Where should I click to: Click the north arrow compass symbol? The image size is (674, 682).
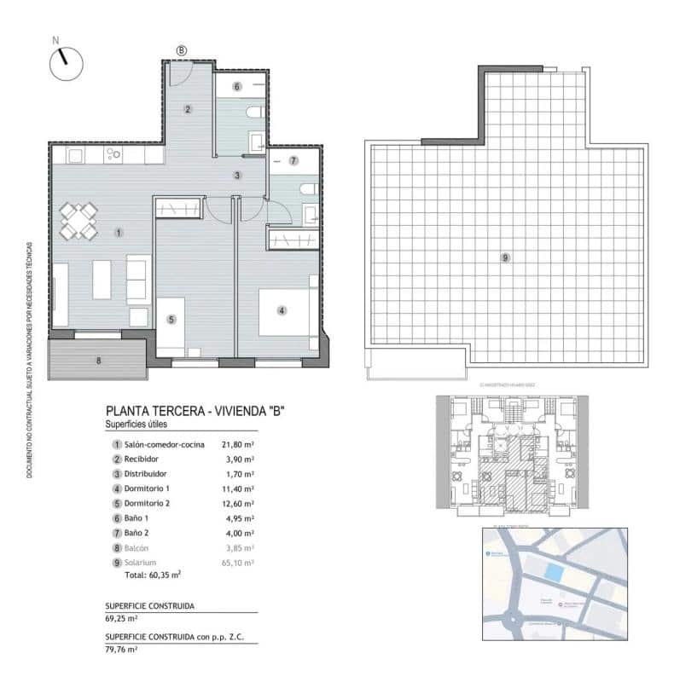(x=65, y=62)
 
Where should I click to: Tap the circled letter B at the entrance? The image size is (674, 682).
(x=182, y=50)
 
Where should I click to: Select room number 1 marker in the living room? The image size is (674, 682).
(x=119, y=232)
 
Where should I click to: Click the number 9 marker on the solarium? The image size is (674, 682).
(x=505, y=257)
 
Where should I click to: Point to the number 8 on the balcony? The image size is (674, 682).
(x=99, y=361)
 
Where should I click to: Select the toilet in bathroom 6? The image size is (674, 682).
(x=253, y=113)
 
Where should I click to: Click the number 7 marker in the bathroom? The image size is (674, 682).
(x=293, y=159)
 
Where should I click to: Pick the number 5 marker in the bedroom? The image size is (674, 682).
(x=171, y=319)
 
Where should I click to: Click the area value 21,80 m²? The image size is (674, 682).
(x=238, y=444)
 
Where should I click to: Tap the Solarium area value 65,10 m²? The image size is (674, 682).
(x=238, y=563)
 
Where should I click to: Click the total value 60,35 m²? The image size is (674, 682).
(x=165, y=575)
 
